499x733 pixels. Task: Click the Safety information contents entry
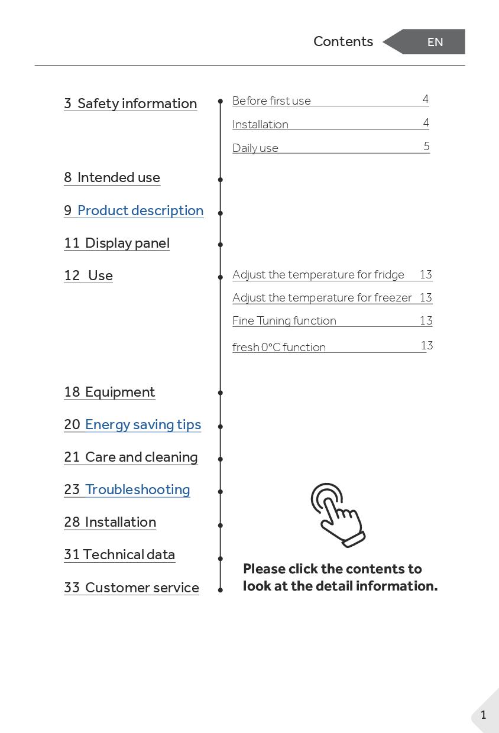coord(131,103)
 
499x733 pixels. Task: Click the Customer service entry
coord(131,588)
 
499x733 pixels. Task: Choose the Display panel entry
coord(117,243)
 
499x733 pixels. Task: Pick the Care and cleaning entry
coord(131,457)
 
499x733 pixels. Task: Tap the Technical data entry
coord(119,554)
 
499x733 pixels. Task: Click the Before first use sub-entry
coord(271,101)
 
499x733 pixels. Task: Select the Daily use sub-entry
coord(255,148)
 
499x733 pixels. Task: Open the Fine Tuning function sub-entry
coord(284,320)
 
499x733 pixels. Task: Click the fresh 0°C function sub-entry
coord(279,347)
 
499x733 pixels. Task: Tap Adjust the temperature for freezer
coord(322,297)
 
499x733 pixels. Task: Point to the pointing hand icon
coord(338,515)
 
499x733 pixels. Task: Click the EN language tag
coord(435,42)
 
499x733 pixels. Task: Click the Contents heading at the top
coord(343,41)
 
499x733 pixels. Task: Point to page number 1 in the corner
coord(483,715)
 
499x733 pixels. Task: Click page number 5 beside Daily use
coord(426,146)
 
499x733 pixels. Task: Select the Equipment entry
coord(110,392)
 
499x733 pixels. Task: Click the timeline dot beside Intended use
coord(221,179)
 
